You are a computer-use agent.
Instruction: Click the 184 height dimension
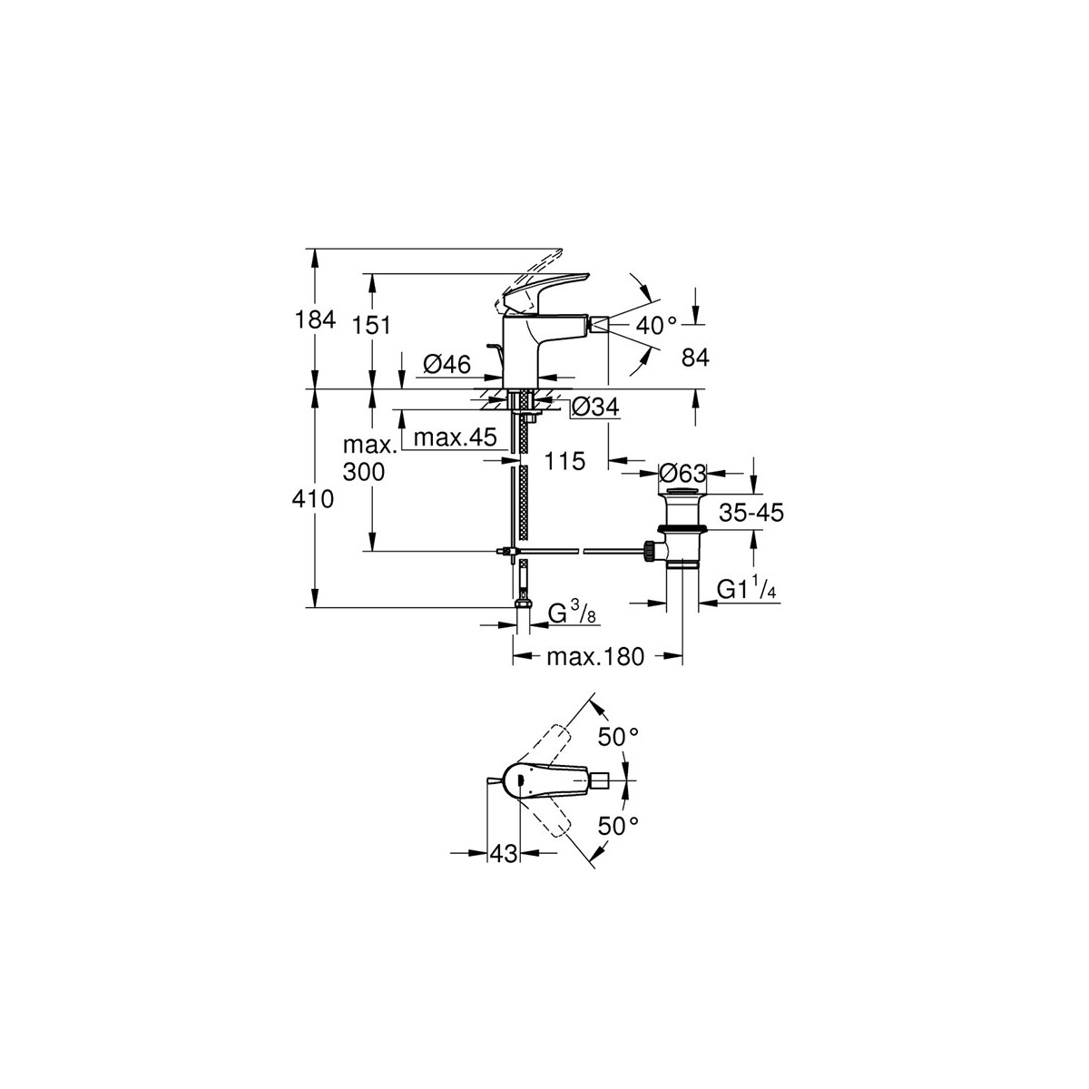[x=315, y=319]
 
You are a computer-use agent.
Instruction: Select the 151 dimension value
[x=371, y=325]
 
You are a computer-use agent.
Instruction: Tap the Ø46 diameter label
[x=446, y=365]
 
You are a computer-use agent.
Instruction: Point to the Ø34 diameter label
[x=595, y=407]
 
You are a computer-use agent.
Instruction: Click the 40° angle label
[x=656, y=325]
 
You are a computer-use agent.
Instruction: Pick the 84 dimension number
[x=695, y=358]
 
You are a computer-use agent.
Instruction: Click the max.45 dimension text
[x=455, y=437]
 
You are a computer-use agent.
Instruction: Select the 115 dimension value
[x=564, y=461]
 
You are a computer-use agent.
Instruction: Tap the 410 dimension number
[x=313, y=499]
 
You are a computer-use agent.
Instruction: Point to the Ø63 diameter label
[x=682, y=473]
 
